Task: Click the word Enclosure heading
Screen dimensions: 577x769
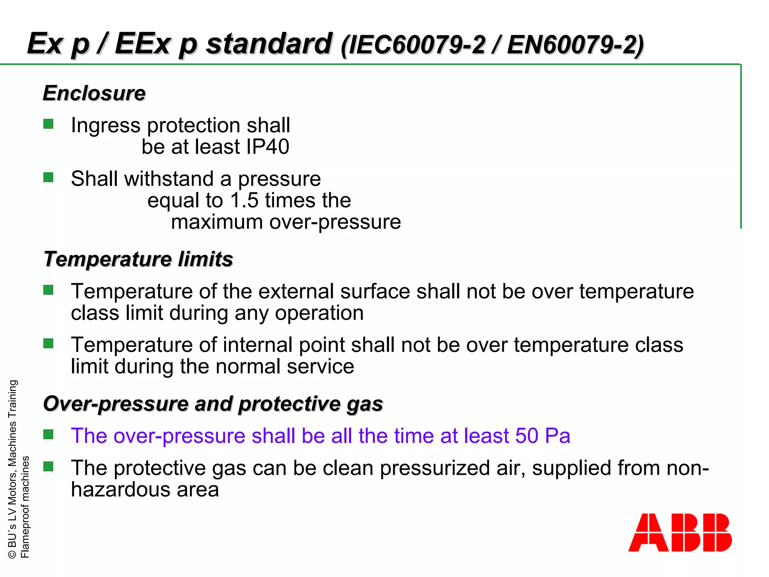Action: [x=94, y=93]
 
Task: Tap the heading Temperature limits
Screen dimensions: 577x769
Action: [x=138, y=259]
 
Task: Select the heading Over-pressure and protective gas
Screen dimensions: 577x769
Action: [x=213, y=404]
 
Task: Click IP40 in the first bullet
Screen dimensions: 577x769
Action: [x=268, y=147]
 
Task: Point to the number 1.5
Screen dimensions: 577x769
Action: [x=244, y=200]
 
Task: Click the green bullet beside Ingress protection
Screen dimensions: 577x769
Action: [x=48, y=124]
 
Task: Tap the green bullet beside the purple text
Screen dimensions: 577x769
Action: [x=48, y=435]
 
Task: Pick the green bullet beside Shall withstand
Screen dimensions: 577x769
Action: [x=48, y=177]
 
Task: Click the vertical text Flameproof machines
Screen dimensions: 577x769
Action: [x=25, y=507]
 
